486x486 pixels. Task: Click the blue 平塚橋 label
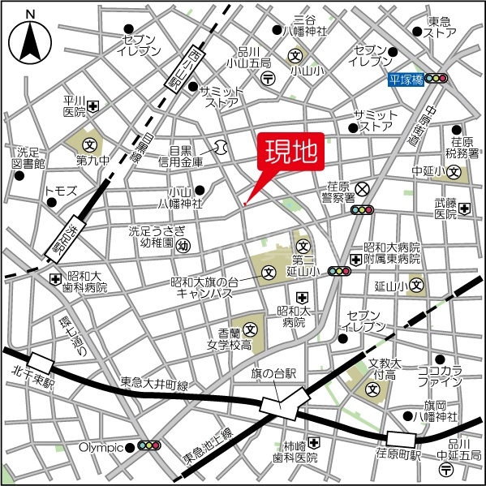click(405, 79)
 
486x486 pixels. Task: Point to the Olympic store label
click(100, 447)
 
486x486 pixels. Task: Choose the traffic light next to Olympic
click(148, 446)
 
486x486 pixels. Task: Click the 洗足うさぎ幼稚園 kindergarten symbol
click(183, 243)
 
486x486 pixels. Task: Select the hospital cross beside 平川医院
click(94, 105)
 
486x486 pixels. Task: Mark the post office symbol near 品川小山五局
click(268, 78)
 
